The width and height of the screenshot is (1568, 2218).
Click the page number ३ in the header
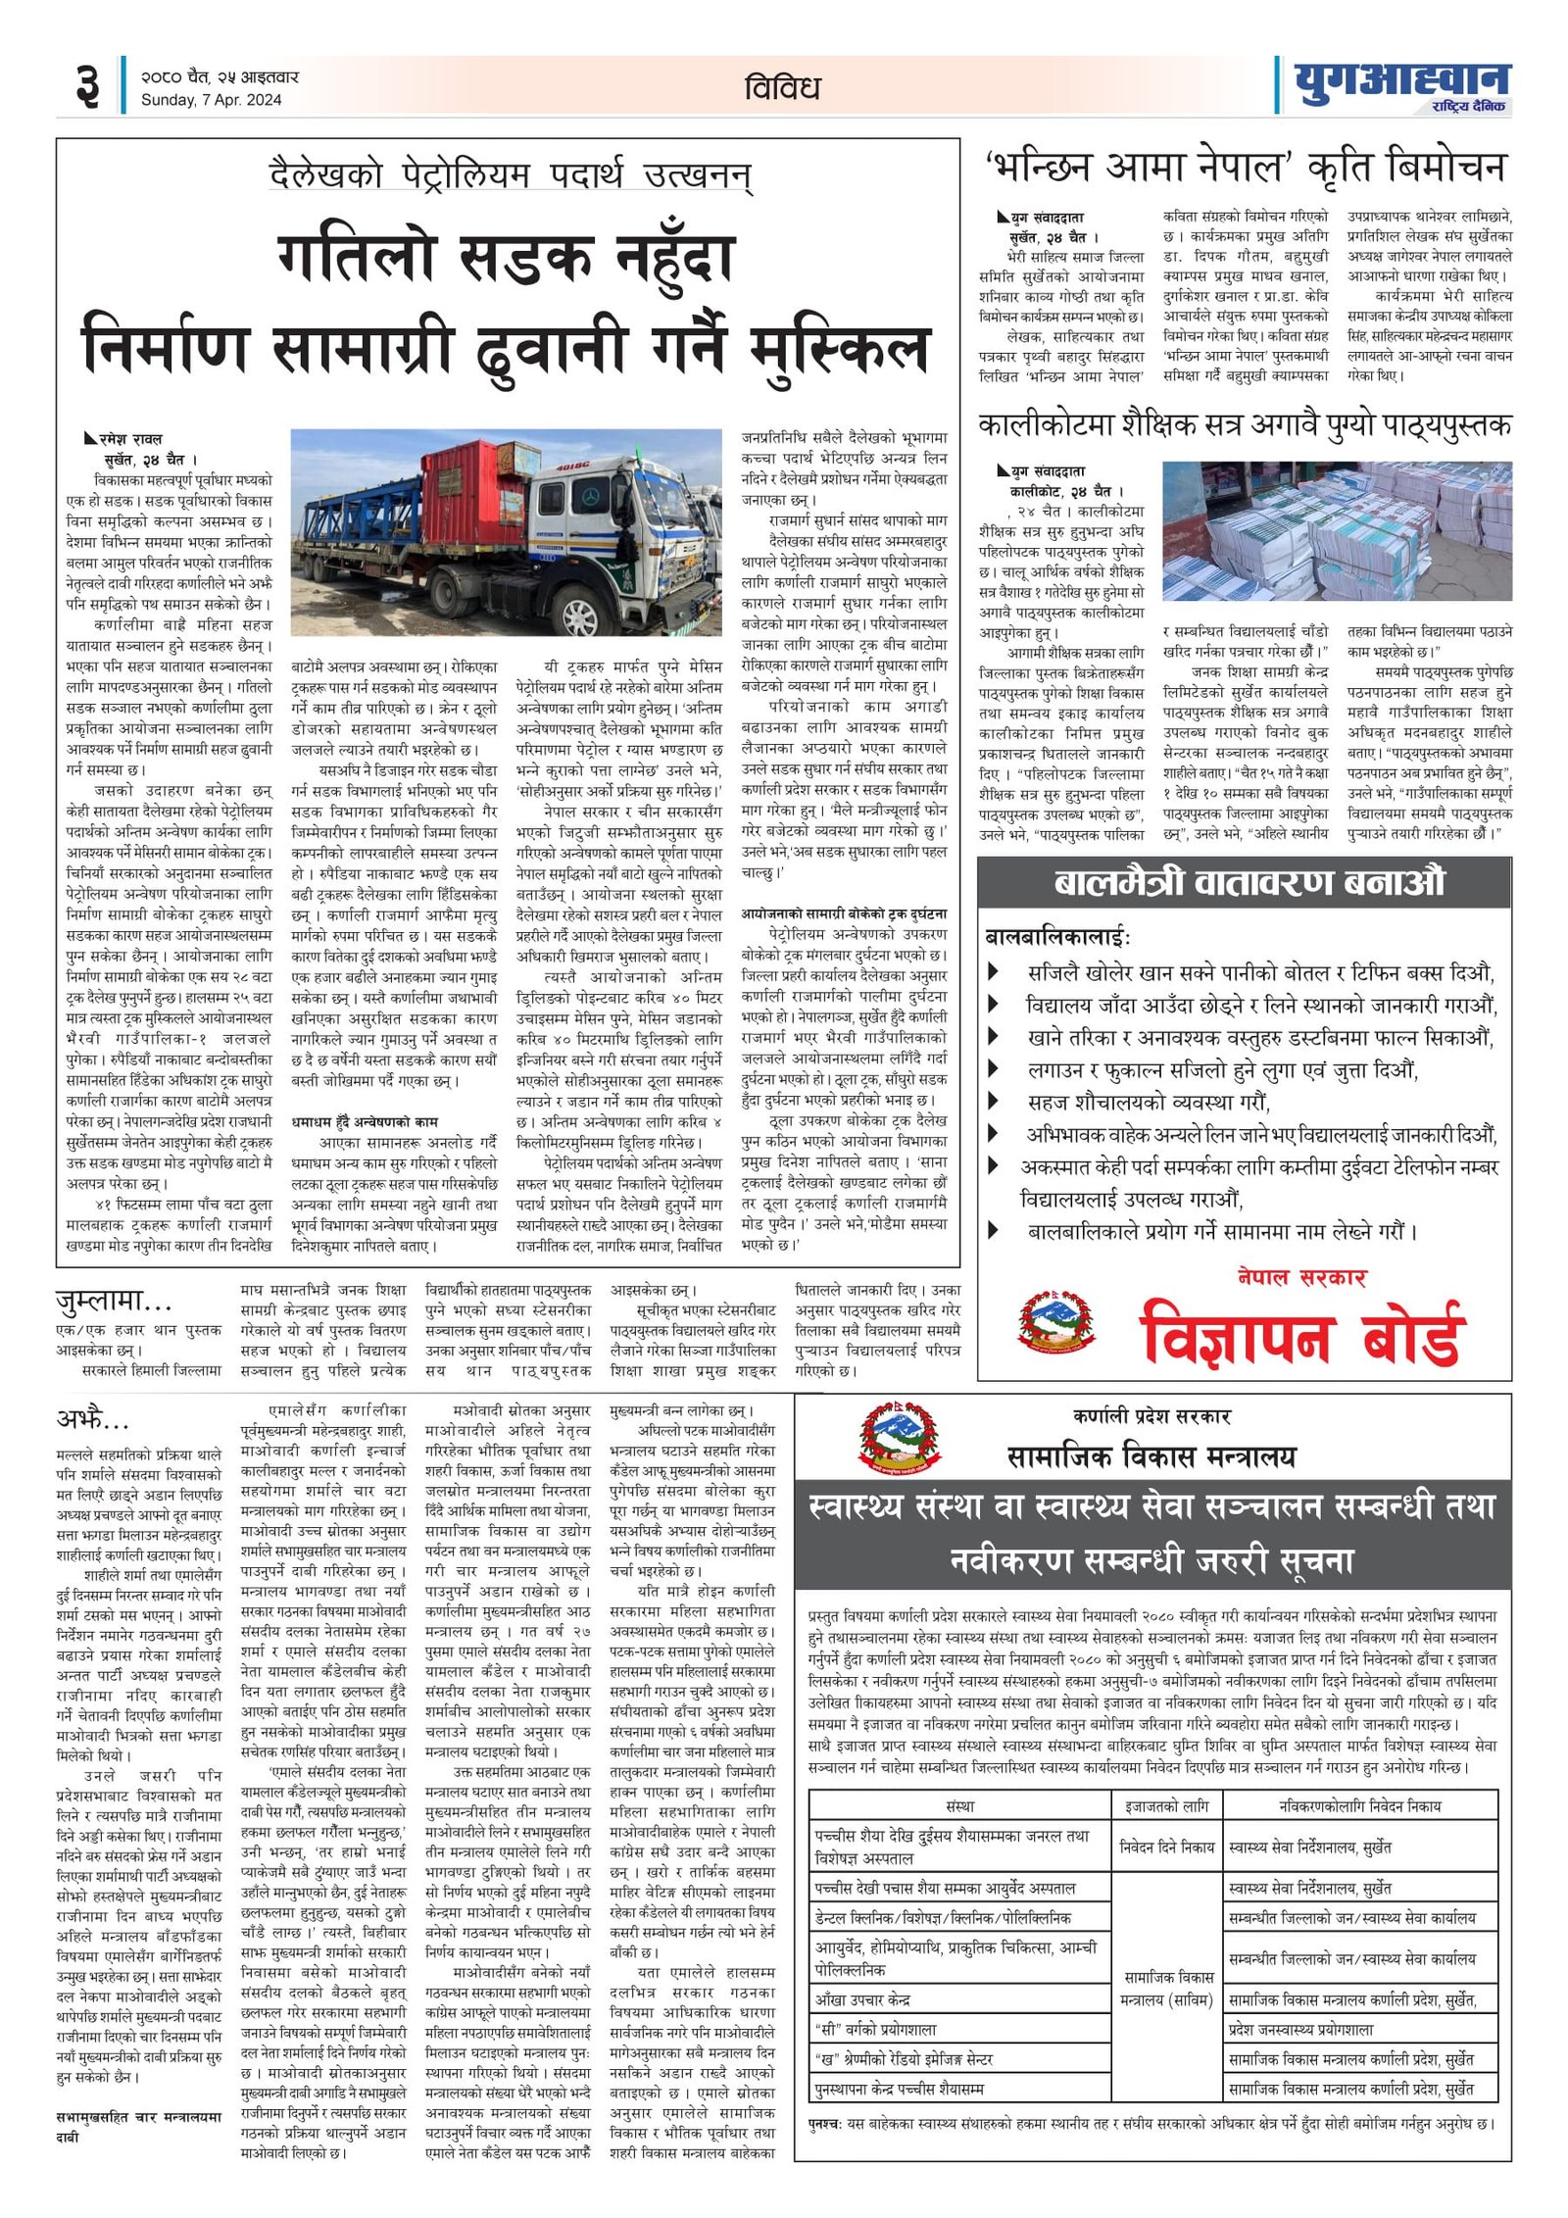click(x=87, y=85)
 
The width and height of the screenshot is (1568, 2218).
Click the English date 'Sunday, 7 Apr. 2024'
click(x=211, y=100)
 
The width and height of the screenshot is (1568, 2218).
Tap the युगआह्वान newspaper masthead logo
click(x=1401, y=86)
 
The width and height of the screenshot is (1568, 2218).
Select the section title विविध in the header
click(x=781, y=87)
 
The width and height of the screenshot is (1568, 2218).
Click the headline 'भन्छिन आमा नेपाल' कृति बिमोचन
click(x=1244, y=169)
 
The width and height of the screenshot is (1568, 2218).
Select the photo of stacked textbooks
click(x=1337, y=530)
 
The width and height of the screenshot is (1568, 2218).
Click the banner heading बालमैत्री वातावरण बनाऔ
click(x=1249, y=883)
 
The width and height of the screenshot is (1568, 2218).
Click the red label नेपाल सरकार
click(x=1300, y=1277)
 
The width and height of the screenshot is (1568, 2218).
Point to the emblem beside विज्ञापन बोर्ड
click(x=1056, y=1322)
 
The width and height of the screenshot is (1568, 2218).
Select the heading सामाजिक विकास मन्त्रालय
click(x=1151, y=1457)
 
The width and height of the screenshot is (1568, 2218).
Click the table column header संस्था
click(x=960, y=1805)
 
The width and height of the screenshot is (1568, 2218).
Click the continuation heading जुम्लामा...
click(x=114, y=1303)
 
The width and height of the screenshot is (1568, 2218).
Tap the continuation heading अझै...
click(x=92, y=1419)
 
